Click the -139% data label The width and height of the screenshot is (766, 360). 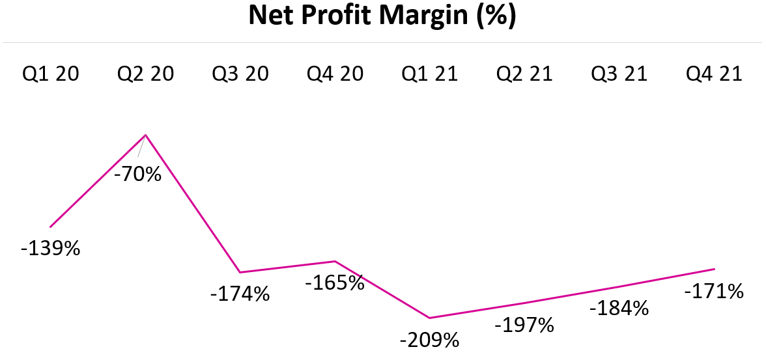[x=50, y=249]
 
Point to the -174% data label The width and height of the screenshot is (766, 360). [x=240, y=294]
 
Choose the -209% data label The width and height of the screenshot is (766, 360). [x=429, y=340]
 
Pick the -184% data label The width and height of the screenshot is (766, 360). [x=619, y=308]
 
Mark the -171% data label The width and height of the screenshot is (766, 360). [x=713, y=291]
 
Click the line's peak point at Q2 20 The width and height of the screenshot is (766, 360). [x=145, y=135]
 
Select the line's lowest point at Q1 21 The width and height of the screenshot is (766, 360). [x=430, y=318]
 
